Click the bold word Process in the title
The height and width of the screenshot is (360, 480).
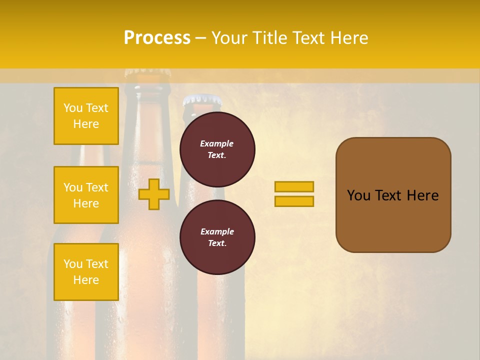(x=157, y=38)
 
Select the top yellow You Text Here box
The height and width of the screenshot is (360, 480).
(x=86, y=116)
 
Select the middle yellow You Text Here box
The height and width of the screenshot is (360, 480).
(x=86, y=195)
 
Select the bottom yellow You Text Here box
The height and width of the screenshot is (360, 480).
(x=86, y=271)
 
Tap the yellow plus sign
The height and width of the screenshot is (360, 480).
(x=154, y=194)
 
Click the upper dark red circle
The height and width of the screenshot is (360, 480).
(x=217, y=149)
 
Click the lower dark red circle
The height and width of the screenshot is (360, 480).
(x=217, y=237)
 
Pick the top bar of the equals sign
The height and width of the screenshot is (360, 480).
(x=294, y=187)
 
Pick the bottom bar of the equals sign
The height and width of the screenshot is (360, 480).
(x=294, y=201)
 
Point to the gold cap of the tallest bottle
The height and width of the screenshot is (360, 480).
(x=147, y=73)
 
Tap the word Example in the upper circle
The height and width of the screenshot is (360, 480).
(x=217, y=144)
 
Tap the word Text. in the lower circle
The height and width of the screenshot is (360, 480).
(x=217, y=243)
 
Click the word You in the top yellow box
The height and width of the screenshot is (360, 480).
(x=73, y=108)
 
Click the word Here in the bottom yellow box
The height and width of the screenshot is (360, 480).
(x=86, y=280)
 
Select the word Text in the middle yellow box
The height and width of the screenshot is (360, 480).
(x=97, y=187)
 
